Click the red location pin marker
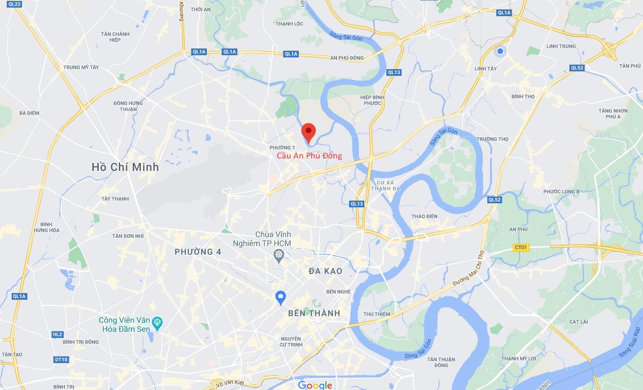[308, 132]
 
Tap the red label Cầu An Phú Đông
[309, 156]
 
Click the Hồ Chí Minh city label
[125, 167]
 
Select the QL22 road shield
[14, 4]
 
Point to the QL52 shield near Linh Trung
[577, 68]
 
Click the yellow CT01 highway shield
[521, 247]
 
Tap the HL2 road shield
[57, 334]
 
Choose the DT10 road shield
[61, 359]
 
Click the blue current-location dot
[500, 51]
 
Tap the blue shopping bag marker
[280, 297]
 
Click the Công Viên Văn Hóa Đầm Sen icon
[157, 322]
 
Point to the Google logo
[315, 385]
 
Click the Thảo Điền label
[424, 216]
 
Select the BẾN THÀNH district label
[314, 313]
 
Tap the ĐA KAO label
[325, 271]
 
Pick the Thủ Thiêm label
[376, 314]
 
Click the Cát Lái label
[578, 322]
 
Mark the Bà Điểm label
[29, 113]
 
